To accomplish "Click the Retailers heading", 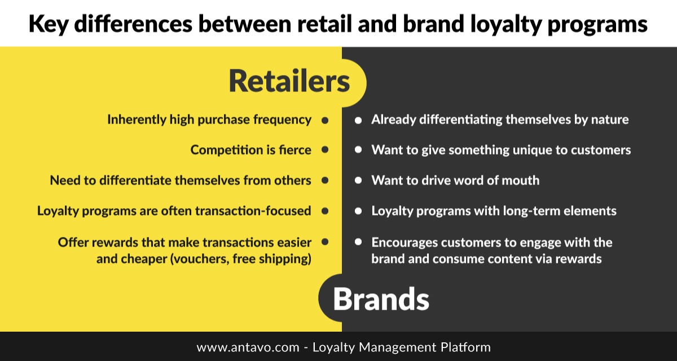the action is [x=289, y=81].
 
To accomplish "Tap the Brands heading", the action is [x=381, y=299].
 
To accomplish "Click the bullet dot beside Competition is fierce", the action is [x=325, y=149].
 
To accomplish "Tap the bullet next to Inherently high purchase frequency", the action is [x=325, y=120].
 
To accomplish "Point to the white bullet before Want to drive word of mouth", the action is [x=358, y=180].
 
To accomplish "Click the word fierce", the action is [x=294, y=150].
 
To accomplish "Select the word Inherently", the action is [x=137, y=120].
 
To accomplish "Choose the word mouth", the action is [x=520, y=180].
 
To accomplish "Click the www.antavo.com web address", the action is [x=248, y=347].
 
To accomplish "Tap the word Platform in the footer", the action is [x=465, y=347].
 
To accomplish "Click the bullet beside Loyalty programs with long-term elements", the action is [x=358, y=211].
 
